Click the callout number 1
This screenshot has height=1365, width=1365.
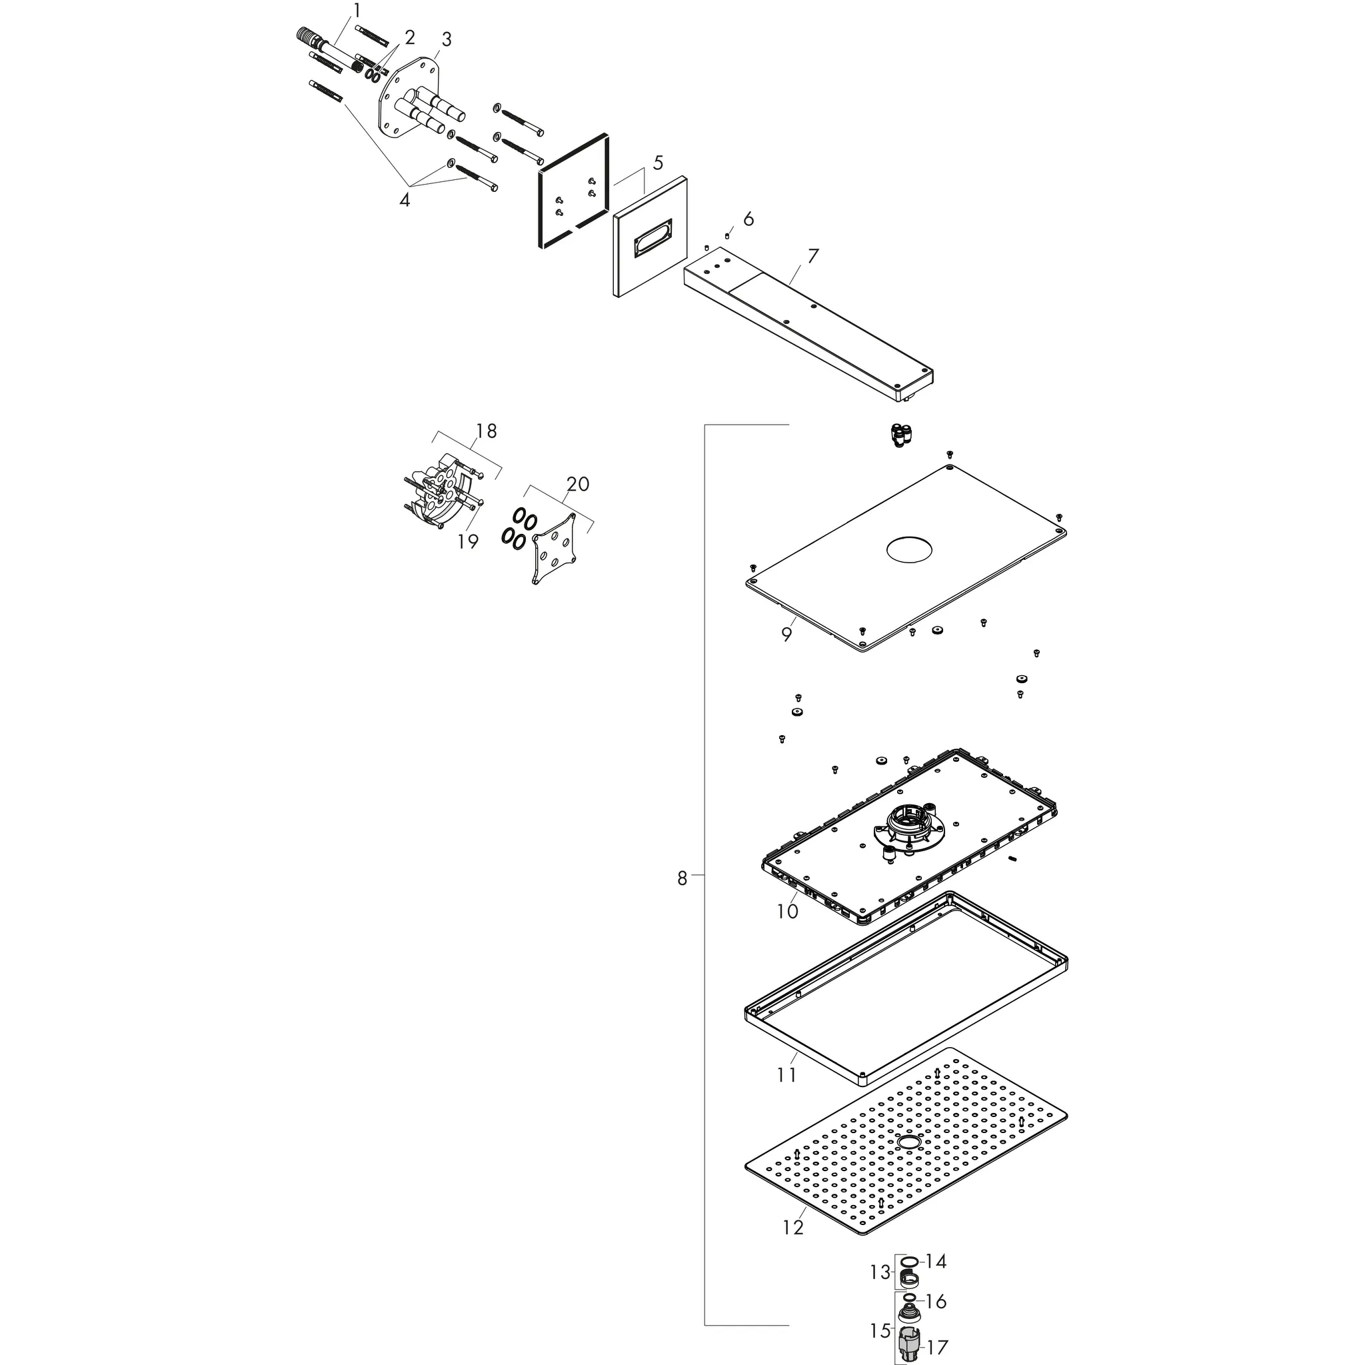[357, 11]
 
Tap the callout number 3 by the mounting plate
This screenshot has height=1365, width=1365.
[447, 38]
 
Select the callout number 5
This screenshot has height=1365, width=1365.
[658, 163]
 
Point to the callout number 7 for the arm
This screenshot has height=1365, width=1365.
[812, 256]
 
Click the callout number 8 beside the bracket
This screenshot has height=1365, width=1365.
[682, 878]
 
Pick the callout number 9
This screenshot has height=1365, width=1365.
[786, 634]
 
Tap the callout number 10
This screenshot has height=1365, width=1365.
[787, 911]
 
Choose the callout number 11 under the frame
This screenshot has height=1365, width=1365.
[786, 1074]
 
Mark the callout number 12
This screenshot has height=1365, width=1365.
[792, 1227]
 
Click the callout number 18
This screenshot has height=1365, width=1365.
[486, 431]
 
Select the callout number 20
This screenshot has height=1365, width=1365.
[577, 484]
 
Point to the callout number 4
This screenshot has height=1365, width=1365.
[404, 200]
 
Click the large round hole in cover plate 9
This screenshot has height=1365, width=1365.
[910, 551]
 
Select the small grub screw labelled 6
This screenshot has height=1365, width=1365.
[727, 235]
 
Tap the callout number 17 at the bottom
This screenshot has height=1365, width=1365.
[937, 1347]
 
